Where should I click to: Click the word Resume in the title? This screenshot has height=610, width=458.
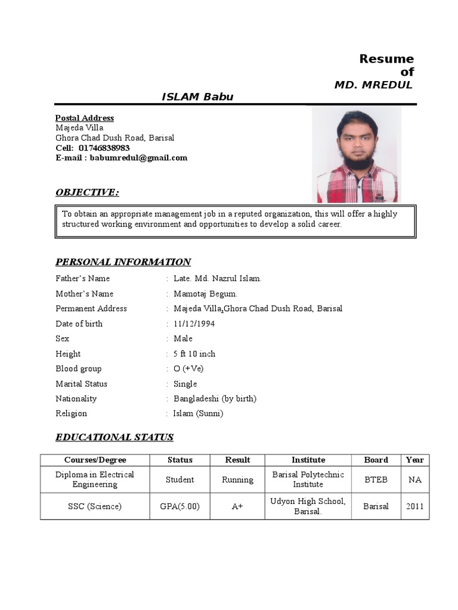[x=386, y=58]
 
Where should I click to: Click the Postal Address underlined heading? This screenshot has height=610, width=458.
[x=85, y=118]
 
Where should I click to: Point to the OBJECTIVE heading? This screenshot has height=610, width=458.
[x=87, y=192]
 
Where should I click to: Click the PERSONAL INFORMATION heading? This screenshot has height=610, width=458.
[x=123, y=262]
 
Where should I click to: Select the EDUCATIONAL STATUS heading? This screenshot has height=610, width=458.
[x=114, y=437]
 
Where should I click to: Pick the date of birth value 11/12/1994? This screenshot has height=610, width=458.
[x=194, y=324]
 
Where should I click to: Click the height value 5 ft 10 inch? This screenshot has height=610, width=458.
[x=194, y=354]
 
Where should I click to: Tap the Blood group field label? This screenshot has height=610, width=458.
[x=79, y=369]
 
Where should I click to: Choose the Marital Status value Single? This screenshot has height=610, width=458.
[x=185, y=384]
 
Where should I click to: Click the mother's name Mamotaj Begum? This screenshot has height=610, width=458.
[x=205, y=294]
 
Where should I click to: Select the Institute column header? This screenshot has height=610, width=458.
[x=308, y=460]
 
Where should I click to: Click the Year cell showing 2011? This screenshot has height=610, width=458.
[x=415, y=506]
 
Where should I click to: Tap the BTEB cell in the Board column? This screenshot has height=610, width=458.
[x=376, y=480]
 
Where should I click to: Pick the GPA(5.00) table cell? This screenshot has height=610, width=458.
[x=180, y=506]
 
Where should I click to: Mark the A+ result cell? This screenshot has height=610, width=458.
[x=237, y=506]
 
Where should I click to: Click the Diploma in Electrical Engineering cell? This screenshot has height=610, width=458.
[x=95, y=480]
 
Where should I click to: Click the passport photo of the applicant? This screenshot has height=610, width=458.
[x=357, y=155]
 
